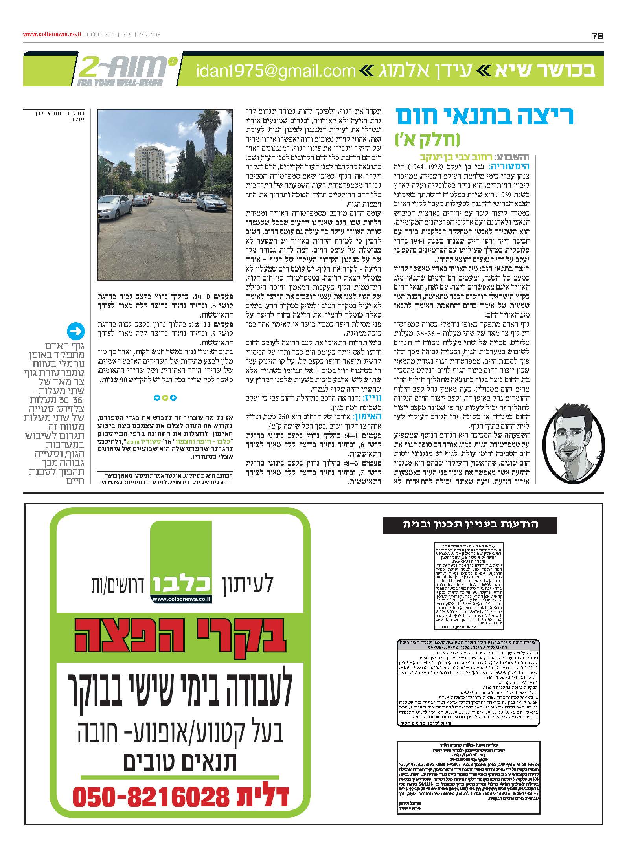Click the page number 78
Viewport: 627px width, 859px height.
[x=597, y=36]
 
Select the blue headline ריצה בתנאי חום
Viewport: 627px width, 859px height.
[x=484, y=116]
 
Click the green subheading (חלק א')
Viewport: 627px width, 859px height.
[x=427, y=139]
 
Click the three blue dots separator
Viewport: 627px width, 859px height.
[x=165, y=398]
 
